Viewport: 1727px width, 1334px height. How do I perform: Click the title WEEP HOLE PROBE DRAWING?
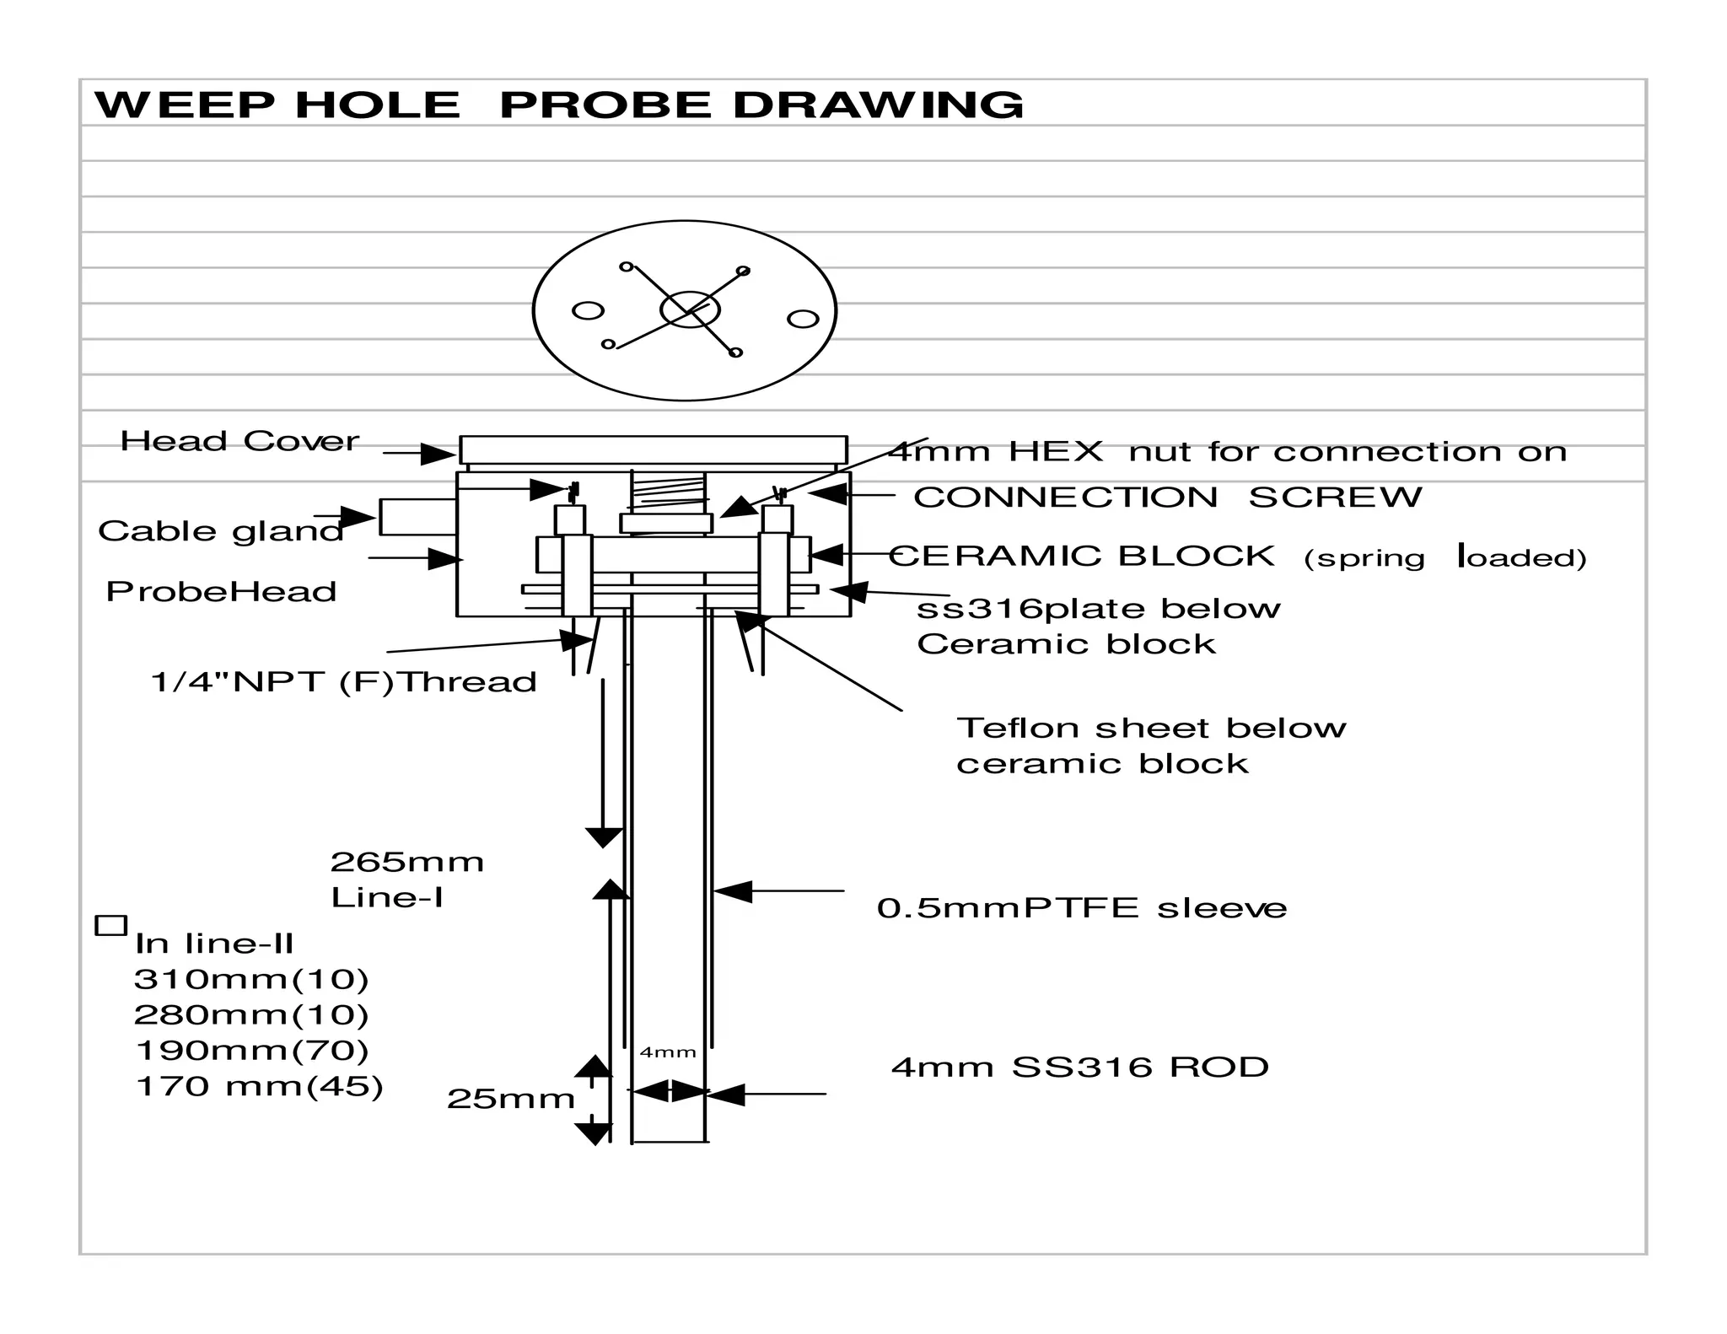tap(558, 105)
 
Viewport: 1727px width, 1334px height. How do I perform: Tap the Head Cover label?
tap(239, 441)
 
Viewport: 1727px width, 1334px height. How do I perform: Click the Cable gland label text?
tap(220, 531)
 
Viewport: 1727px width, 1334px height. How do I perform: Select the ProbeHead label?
tap(221, 592)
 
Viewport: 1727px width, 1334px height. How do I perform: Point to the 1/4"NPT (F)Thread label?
tap(343, 682)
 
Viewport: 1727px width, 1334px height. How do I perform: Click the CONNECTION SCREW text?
tap(1167, 498)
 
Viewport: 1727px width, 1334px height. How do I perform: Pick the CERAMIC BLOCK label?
tap(1081, 557)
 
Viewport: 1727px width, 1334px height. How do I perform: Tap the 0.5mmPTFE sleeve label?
tap(1081, 908)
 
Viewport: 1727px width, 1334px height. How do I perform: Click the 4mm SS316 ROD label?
tap(1079, 1068)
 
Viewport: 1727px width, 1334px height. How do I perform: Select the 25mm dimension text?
tap(510, 1099)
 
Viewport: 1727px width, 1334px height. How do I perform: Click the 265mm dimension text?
tap(406, 862)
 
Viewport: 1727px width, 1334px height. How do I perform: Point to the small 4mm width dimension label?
tap(668, 1052)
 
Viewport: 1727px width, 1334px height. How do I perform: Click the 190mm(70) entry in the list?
tap(251, 1051)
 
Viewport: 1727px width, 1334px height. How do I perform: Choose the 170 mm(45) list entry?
tap(259, 1086)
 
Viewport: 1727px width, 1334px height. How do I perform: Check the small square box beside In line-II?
tap(110, 925)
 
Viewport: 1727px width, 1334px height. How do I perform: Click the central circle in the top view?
tap(690, 309)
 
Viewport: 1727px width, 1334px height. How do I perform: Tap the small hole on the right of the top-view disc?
tap(803, 319)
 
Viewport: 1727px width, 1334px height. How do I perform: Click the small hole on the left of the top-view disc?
tap(588, 310)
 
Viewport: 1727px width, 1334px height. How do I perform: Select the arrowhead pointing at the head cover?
tap(438, 454)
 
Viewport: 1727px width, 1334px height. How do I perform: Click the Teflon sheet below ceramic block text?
tap(1150, 745)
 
